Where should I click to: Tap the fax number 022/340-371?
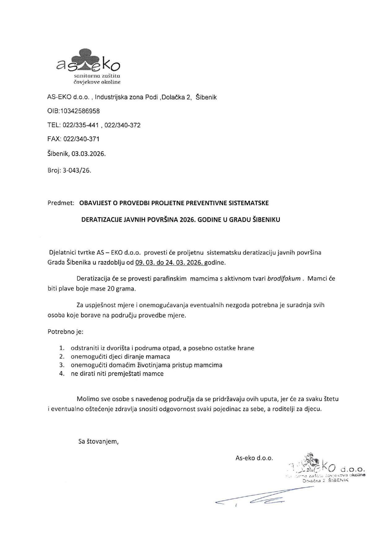81,139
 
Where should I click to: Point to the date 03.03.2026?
89,154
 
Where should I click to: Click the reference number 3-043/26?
77,170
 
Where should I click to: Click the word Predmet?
61,203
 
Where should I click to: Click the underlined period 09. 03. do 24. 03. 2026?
169,263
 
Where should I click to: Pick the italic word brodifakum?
284,278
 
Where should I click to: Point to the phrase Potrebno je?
65,332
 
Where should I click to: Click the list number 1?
62,348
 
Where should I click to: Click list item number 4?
62,374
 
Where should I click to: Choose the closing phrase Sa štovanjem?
98,441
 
